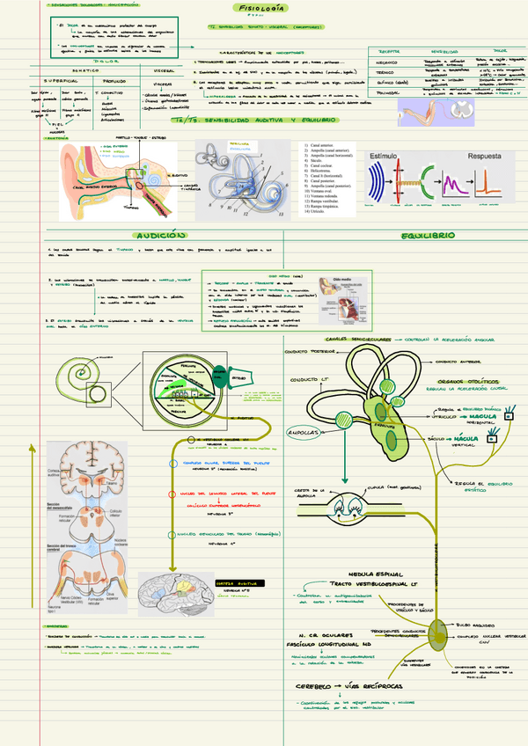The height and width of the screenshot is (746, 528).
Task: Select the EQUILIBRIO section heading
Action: coord(427,236)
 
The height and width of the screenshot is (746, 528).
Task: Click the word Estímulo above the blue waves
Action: coord(385,155)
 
